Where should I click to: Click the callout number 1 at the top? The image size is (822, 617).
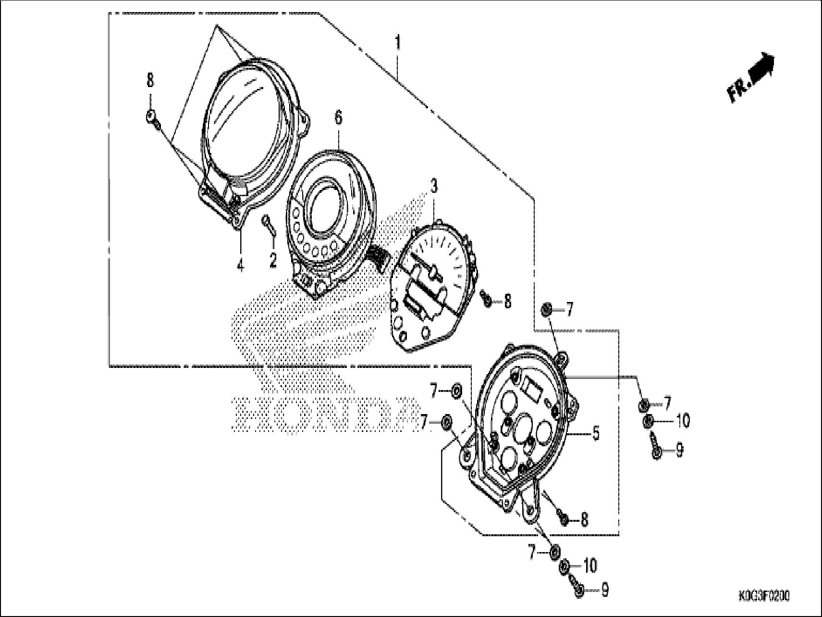point(398,43)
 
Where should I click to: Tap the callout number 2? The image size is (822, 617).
point(273,260)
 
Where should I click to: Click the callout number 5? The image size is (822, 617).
point(596,433)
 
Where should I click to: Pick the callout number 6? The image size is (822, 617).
point(339,117)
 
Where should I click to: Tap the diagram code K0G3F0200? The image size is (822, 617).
point(764,596)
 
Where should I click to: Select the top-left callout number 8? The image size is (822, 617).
point(150,80)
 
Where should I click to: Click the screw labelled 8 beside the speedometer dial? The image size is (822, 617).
point(487,300)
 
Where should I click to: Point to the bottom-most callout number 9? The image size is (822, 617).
point(605,590)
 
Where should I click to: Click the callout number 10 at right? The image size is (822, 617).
point(682,421)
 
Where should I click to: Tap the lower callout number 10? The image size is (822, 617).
point(590,566)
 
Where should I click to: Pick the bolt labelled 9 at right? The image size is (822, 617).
point(656,451)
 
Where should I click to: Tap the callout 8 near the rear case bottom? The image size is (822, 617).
point(584,519)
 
